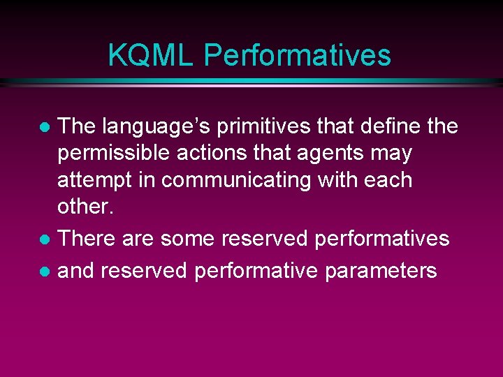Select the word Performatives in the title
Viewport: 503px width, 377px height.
coord(297,55)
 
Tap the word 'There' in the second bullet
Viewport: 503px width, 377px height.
coord(87,239)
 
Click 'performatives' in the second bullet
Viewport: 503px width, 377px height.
coord(382,239)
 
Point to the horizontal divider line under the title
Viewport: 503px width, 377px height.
coord(251,82)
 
